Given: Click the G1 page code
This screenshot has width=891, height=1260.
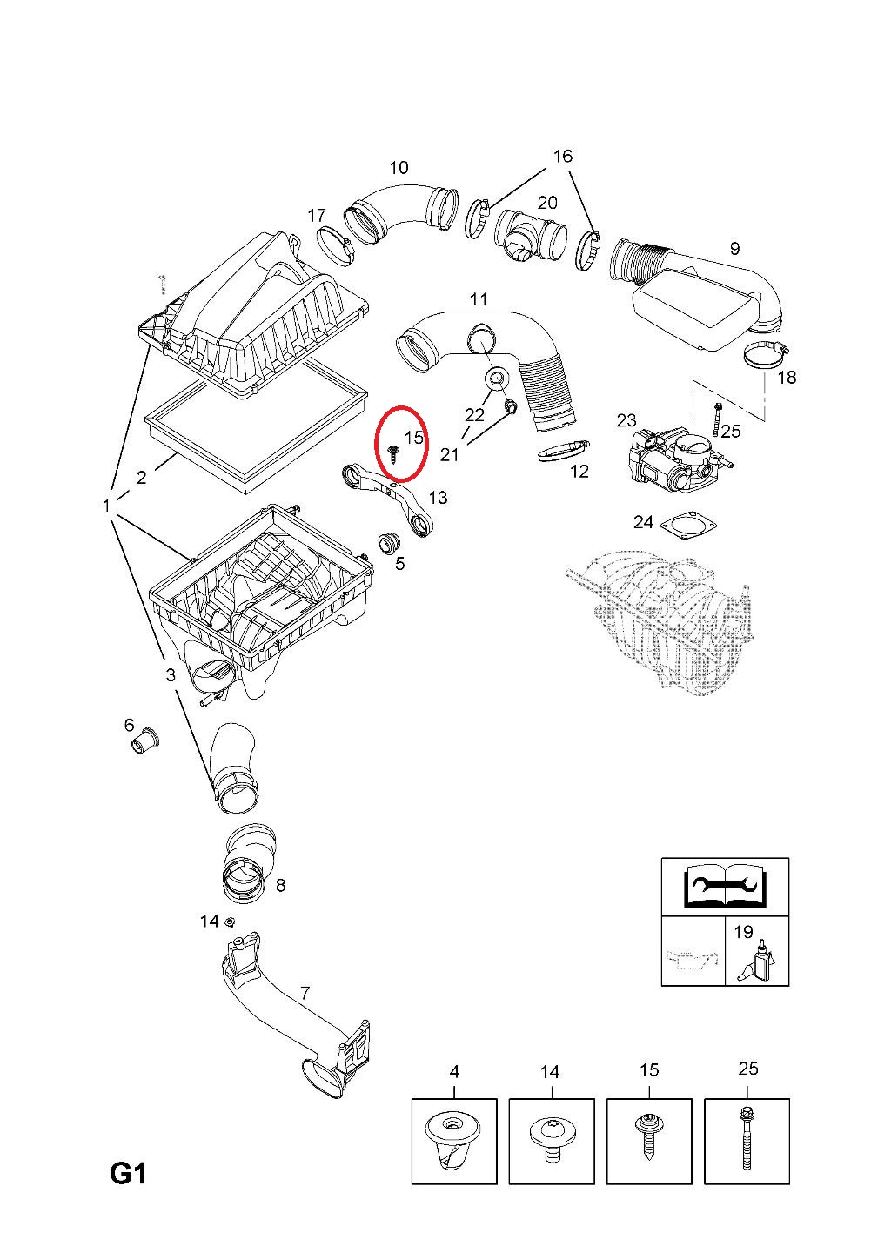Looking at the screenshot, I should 128,1175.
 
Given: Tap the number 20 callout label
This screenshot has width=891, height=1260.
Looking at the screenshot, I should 547,203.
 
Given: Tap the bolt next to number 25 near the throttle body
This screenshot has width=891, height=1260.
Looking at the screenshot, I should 716,420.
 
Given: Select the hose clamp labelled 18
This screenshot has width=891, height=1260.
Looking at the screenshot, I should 767,355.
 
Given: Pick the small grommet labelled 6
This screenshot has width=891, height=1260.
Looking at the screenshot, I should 142,742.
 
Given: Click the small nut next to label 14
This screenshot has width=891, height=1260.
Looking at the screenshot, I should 231,922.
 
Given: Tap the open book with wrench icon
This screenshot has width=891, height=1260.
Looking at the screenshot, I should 725,888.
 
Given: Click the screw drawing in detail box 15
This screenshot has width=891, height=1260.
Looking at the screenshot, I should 649,1138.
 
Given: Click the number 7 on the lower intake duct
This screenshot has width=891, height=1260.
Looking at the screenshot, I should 305,992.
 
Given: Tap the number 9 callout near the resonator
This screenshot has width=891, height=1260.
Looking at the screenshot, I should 734,248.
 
